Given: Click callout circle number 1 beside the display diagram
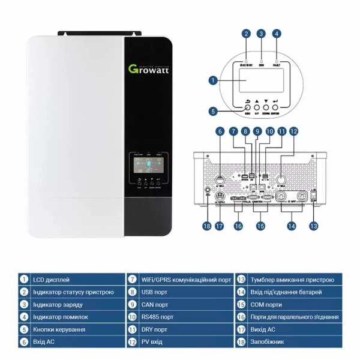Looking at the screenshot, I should tap(213, 79).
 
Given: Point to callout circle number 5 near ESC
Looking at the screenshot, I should tap(213, 111).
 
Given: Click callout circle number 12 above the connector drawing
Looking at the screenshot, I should tap(293, 131).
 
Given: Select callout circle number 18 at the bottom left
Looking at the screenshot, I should tap(208, 226).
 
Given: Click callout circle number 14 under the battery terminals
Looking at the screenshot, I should tap(292, 226).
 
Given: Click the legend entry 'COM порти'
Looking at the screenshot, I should tap(266, 304).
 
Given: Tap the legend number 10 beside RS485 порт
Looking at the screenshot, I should tap(131, 317).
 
